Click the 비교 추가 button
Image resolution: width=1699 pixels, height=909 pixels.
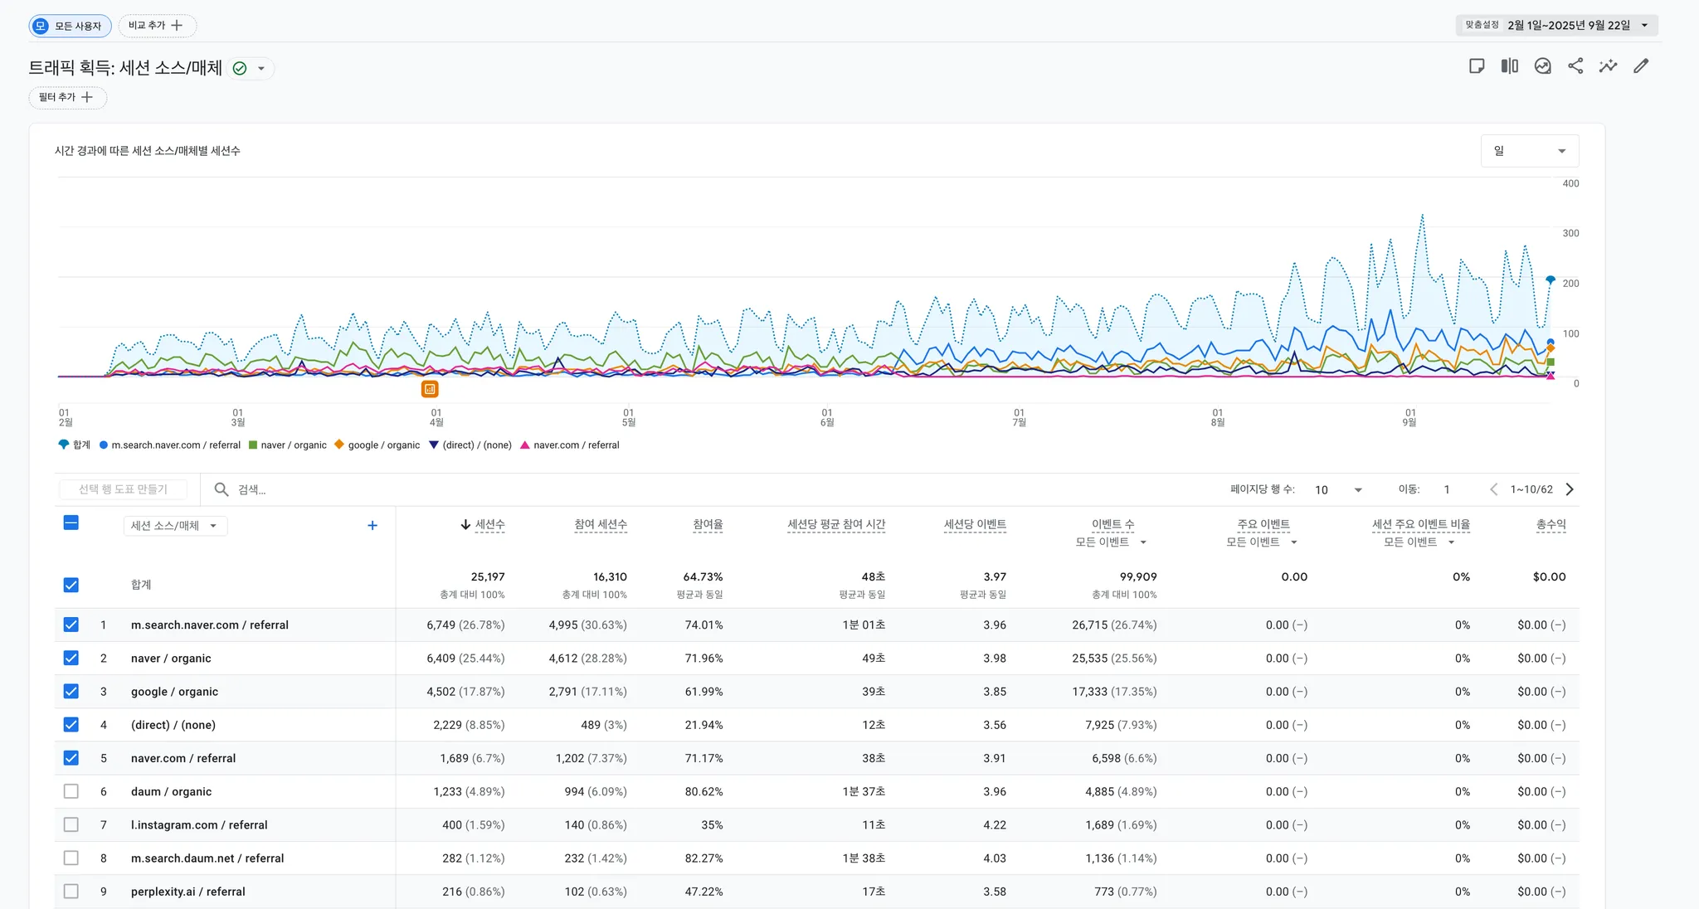click(157, 26)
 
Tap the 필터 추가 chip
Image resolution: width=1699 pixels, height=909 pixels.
click(67, 97)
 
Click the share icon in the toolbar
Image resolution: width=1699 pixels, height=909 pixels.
click(1575, 66)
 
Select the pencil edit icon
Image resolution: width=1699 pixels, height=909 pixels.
click(1641, 66)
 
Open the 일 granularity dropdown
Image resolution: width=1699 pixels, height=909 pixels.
click(1529, 151)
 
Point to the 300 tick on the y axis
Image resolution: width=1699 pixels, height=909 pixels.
click(1570, 233)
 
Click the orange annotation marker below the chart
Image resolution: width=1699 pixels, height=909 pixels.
click(430, 389)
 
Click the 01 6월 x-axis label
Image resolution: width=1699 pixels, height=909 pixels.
click(827, 417)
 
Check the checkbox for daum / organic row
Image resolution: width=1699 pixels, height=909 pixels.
click(71, 791)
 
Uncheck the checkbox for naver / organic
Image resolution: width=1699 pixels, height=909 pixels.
click(71, 659)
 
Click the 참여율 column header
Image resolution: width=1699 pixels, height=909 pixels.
click(707, 524)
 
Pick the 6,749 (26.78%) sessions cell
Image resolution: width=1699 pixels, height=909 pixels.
click(465, 625)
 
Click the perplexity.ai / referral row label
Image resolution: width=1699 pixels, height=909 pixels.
click(187, 892)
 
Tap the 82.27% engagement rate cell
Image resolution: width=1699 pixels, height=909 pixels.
click(703, 858)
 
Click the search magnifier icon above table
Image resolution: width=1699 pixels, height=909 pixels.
click(222, 489)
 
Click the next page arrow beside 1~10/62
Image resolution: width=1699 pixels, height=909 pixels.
click(1570, 489)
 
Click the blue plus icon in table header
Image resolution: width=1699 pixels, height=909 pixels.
click(372, 526)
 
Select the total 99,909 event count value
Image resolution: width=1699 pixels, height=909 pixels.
click(1137, 577)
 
